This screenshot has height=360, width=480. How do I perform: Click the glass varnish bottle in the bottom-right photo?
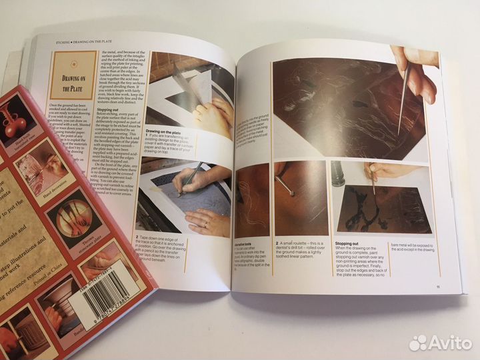click(339, 176)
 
